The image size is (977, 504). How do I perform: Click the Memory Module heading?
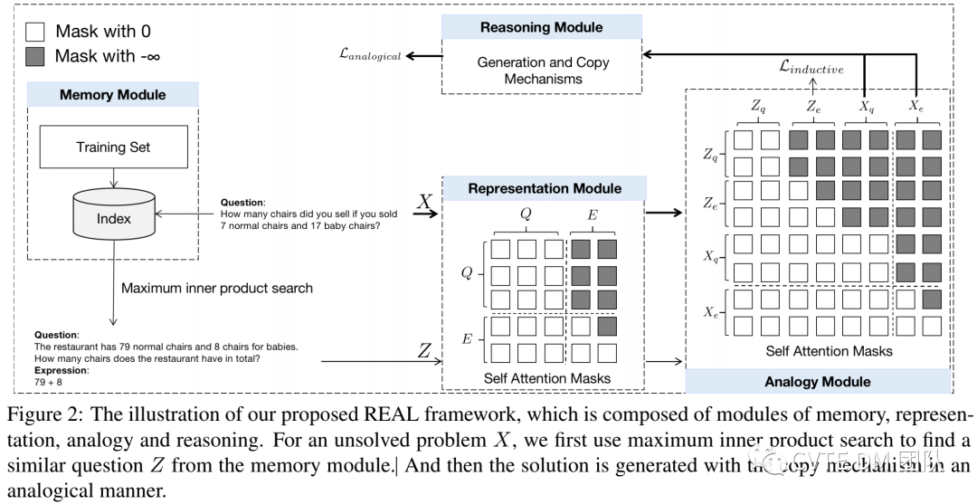point(112,94)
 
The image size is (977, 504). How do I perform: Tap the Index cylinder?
point(114,218)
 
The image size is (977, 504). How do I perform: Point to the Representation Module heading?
point(544,188)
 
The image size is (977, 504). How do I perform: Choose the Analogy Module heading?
point(818,381)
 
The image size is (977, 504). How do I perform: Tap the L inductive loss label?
point(811,67)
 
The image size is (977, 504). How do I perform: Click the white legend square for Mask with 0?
point(33,32)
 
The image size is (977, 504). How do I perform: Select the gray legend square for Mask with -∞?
point(33,56)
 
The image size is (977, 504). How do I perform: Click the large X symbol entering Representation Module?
point(423,202)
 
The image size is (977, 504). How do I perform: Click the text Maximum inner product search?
point(217,289)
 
